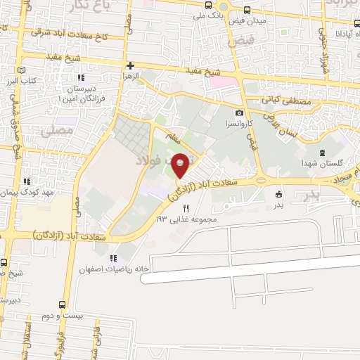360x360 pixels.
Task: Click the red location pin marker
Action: click(x=181, y=165)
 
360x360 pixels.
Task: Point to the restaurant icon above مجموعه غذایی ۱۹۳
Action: click(x=186, y=208)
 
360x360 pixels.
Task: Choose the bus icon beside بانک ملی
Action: click(x=207, y=4)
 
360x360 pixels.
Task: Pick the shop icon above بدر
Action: click(x=278, y=195)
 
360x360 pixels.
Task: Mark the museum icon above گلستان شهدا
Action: click(x=322, y=153)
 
